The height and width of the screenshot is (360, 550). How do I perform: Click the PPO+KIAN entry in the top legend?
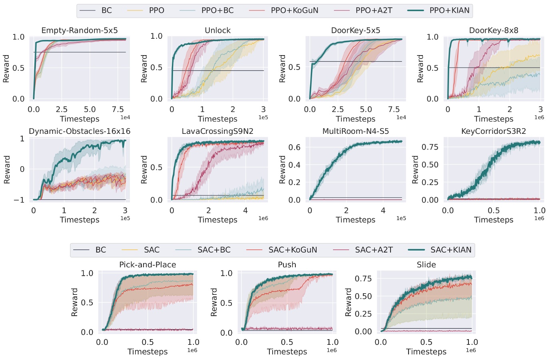[449, 10]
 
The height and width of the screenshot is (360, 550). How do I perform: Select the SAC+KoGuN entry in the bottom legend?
[293, 250]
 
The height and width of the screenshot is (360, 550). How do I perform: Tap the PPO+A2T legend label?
[374, 10]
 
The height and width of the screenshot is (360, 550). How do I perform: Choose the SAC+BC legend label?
[214, 250]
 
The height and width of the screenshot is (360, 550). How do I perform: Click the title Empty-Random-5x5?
[80, 30]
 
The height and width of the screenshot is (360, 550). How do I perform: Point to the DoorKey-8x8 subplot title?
[494, 30]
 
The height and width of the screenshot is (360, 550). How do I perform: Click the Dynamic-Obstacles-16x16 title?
[80, 131]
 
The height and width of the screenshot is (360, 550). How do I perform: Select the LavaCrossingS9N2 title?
[217, 131]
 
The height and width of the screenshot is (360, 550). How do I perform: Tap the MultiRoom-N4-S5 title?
[355, 131]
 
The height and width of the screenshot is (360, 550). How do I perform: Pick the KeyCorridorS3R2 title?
[494, 131]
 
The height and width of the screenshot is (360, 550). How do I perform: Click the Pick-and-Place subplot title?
[147, 265]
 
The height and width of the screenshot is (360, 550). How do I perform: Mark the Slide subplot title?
[426, 265]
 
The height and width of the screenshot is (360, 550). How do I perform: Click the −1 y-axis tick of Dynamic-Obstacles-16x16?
[19, 200]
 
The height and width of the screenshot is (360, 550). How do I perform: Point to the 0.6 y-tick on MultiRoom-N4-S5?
[295, 147]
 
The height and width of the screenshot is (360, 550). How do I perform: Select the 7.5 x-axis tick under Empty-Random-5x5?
[118, 109]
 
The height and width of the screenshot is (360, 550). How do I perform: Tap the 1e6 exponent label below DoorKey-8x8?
[539, 117]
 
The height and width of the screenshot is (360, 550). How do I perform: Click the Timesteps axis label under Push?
[287, 352]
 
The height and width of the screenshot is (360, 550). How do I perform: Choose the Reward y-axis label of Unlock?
[144, 69]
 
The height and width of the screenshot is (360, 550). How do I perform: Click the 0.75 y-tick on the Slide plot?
[363, 278]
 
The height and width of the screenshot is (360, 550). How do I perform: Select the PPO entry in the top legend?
[156, 10]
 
